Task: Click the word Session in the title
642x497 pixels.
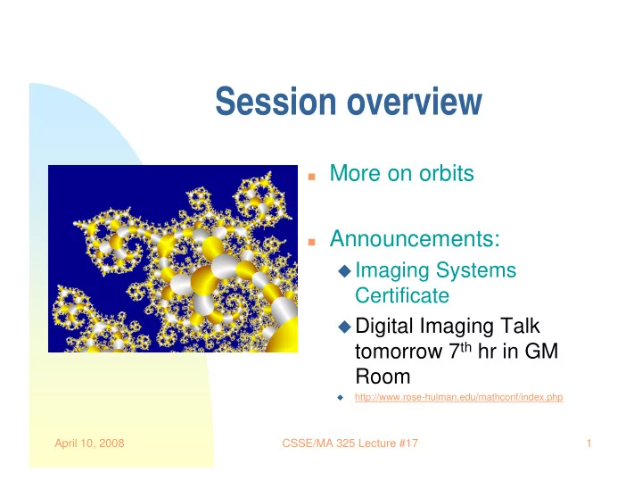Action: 276,101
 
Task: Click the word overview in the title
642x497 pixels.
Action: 415,101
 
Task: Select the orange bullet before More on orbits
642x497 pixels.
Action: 311,177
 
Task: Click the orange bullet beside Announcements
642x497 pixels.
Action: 311,242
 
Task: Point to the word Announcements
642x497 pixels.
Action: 415,238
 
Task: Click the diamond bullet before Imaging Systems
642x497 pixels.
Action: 345,270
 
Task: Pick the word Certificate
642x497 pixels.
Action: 402,295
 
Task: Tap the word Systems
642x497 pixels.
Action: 476,271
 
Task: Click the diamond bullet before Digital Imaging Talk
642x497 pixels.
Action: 345,327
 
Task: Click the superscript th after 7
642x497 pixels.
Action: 466,347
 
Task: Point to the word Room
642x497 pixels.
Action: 383,377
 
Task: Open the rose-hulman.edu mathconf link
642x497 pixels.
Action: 459,397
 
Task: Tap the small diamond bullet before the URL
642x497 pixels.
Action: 341,397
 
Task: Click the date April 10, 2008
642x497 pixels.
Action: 90,443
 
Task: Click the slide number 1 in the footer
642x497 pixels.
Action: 588,443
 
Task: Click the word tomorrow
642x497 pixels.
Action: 399,352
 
